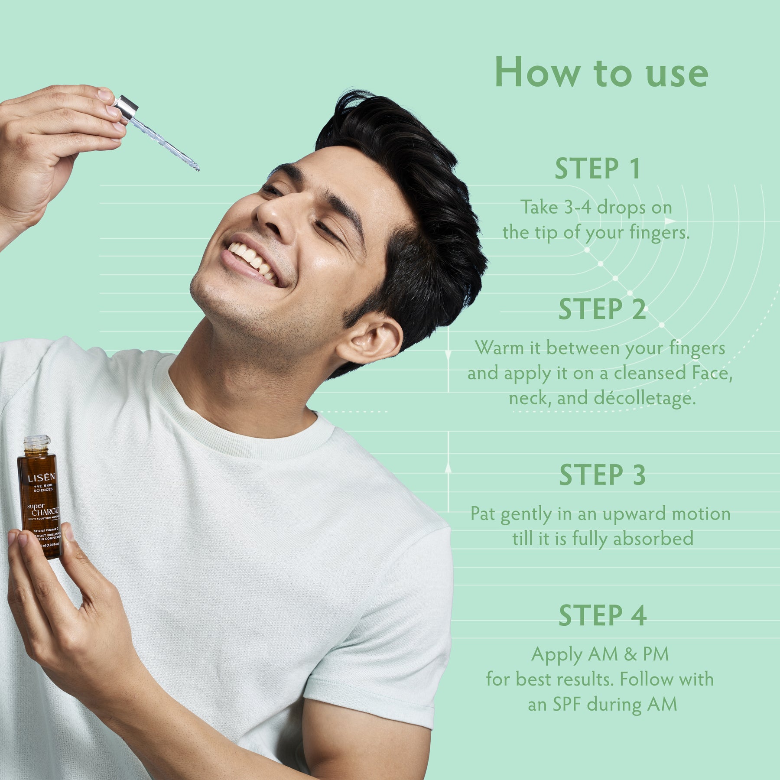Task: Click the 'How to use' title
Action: (601, 72)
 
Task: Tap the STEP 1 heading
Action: (598, 169)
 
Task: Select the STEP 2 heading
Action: (602, 309)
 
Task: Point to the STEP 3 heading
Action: (602, 475)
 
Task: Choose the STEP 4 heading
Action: (602, 616)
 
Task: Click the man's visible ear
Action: (369, 341)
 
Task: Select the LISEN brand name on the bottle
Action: (41, 478)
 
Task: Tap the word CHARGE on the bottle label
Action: (45, 512)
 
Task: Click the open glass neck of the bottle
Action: (37, 444)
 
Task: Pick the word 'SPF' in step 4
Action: (566, 704)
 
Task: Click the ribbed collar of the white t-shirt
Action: (243, 438)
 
